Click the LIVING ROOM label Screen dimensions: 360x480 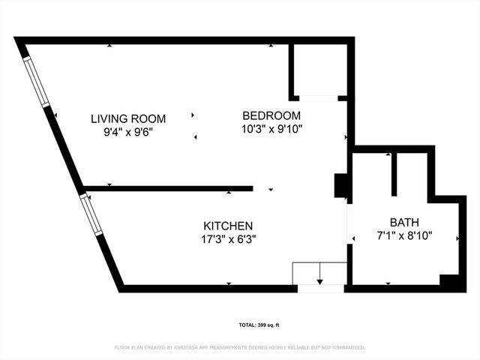tap(128, 118)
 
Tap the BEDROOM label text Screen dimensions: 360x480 tap(271, 115)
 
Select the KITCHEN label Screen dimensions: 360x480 tap(228, 226)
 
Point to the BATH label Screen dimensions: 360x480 tap(404, 222)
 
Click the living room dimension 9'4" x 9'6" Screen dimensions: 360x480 tap(128, 133)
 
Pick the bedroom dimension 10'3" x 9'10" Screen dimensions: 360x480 tap(271, 129)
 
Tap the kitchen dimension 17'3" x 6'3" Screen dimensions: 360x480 tap(228, 239)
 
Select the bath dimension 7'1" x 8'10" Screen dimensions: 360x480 tap(404, 235)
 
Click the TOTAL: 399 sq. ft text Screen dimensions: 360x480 tap(258, 325)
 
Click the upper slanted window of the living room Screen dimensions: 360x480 tap(36, 81)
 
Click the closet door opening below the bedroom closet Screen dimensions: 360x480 tap(318, 97)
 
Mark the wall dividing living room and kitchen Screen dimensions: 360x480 tap(168, 188)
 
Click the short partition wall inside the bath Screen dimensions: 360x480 tap(393, 174)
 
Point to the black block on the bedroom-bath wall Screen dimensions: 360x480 tap(341, 185)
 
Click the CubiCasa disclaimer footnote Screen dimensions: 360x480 tap(239, 347)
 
